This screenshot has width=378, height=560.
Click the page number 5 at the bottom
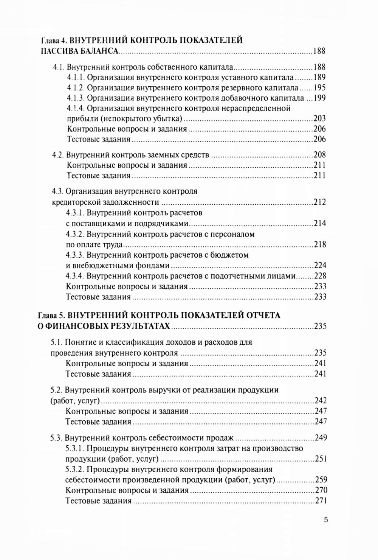point(326,520)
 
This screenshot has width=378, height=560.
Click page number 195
point(319,88)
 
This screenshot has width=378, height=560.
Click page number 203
point(319,119)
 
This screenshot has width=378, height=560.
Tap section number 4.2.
point(57,155)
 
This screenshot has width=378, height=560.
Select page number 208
point(319,155)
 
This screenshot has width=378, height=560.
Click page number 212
point(319,202)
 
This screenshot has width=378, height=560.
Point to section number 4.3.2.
point(76,234)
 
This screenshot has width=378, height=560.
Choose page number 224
point(320,265)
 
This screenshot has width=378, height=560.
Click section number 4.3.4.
point(76,276)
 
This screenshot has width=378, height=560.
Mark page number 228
point(320,276)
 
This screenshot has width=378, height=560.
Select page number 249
point(321,438)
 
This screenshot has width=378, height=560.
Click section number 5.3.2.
point(75,470)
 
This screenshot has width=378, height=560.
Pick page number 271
point(321,501)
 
